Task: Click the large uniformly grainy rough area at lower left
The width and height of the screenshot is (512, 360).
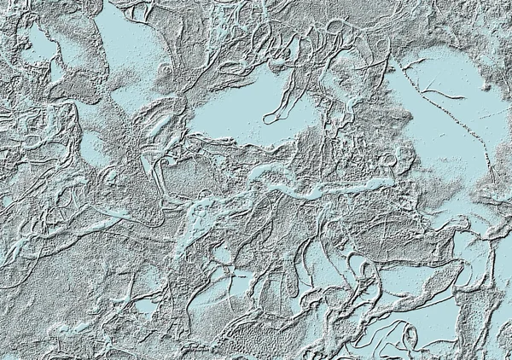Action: pyautogui.click(x=51, y=299)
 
